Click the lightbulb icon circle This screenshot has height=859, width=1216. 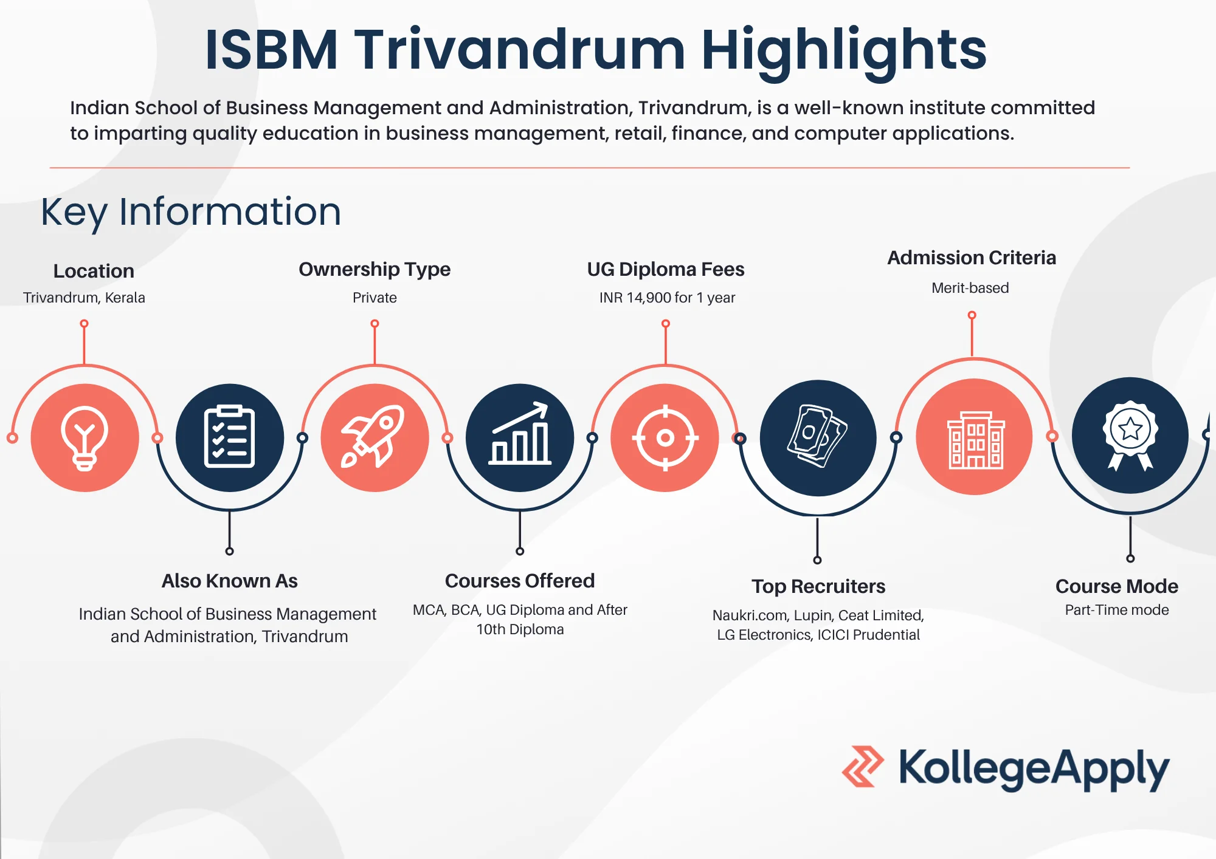[x=85, y=438]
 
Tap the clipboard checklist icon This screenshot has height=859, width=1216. [x=229, y=437]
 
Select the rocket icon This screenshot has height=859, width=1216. [x=375, y=437]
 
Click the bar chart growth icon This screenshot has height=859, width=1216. [x=520, y=437]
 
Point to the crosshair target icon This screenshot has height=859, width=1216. [x=665, y=437]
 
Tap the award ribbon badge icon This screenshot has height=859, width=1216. [x=1130, y=435]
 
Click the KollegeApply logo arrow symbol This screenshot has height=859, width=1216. [x=862, y=767]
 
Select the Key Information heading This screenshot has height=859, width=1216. [x=191, y=212]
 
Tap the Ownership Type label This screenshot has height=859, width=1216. [x=375, y=269]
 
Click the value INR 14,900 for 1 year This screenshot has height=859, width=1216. [x=667, y=298]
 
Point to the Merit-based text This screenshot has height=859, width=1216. [x=970, y=288]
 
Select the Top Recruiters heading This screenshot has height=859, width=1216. [x=818, y=586]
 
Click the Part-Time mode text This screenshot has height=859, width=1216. [x=1116, y=610]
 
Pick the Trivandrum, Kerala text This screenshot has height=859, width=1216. [x=84, y=298]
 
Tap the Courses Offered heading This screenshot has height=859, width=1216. [x=520, y=581]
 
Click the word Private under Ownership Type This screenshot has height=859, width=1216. [x=375, y=298]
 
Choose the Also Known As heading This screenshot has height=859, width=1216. [x=229, y=581]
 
